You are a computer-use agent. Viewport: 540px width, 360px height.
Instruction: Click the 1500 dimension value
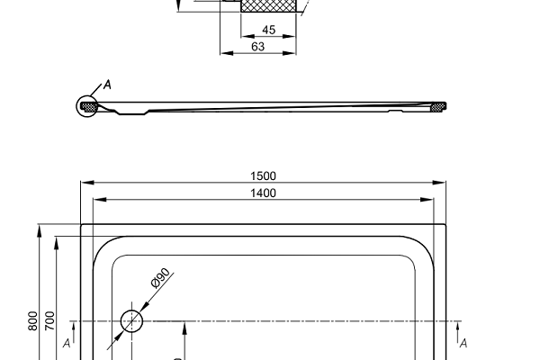coord(263,176)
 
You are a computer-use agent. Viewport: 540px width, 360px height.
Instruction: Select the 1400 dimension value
coord(263,193)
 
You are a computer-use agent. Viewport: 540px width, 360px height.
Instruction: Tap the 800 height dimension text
coord(32,321)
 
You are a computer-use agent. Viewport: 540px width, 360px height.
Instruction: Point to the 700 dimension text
coord(49,321)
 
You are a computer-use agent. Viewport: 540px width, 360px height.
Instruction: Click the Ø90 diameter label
coord(160,278)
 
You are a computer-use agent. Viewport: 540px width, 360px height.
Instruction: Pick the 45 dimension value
coord(268,30)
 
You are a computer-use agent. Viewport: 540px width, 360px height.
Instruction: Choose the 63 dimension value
coord(258,47)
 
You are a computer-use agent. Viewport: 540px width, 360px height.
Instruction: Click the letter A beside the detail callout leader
coord(108,85)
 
